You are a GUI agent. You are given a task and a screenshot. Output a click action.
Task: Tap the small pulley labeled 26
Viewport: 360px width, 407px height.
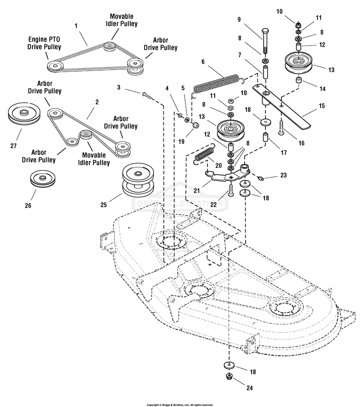pyautogui.click(x=41, y=179)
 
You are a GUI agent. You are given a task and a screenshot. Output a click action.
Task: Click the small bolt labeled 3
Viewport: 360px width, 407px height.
pyautogui.click(x=146, y=95)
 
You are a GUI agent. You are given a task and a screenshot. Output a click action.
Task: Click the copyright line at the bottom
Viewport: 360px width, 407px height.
pyautogui.click(x=180, y=404)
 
